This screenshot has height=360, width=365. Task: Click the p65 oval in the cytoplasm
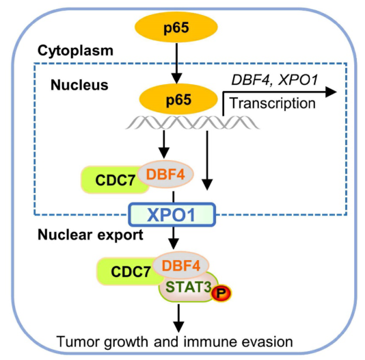tap(176, 27)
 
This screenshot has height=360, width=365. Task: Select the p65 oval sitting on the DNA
tap(178, 99)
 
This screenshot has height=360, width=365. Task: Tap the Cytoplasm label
tap(75, 51)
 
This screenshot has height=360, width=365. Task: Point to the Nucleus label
tap(79, 85)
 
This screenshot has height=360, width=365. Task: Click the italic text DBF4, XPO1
tap(275, 80)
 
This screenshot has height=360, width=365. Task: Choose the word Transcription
tap(272, 103)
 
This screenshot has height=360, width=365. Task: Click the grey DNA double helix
tap(192, 123)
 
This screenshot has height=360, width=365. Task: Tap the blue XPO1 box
tap(172, 215)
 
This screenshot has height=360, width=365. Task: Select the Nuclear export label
tap(90, 235)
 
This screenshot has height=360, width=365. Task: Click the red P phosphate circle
tap(221, 293)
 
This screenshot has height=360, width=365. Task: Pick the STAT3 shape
tap(188, 287)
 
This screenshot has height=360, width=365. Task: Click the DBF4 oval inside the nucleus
tap(165, 175)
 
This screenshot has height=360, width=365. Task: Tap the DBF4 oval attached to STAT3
tap(181, 266)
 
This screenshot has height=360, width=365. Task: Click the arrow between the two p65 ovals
tap(176, 63)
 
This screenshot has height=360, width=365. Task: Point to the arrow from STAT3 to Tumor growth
tap(178, 318)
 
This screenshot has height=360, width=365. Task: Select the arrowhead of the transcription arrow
tap(331, 92)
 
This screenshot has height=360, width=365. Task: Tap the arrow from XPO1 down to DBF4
tap(174, 238)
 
